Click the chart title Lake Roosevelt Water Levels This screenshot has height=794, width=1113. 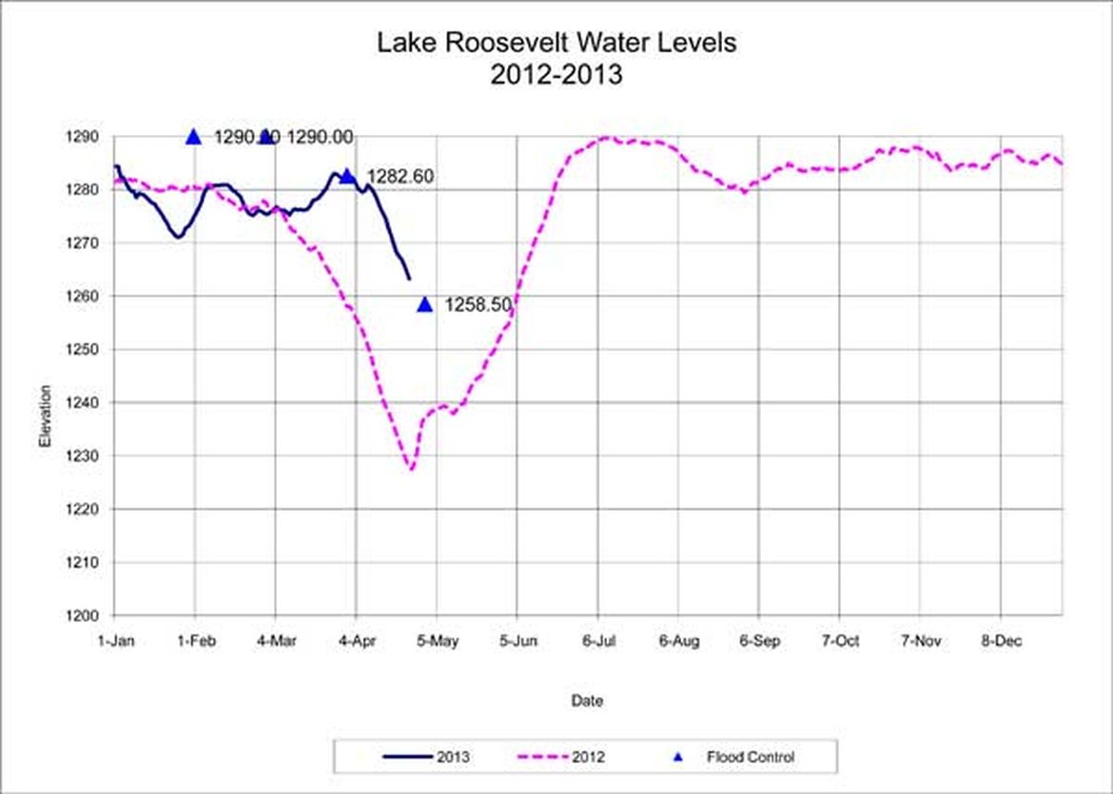click(x=556, y=43)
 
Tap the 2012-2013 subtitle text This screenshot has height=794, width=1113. click(x=556, y=74)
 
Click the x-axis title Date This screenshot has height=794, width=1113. click(x=586, y=702)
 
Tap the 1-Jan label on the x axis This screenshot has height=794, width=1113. click(x=116, y=642)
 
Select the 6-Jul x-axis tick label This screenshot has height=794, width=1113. click(x=598, y=642)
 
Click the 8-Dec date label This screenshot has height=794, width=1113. click(x=1001, y=642)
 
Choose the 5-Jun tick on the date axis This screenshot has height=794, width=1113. click(x=517, y=642)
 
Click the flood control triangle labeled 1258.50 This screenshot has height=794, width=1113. click(x=425, y=304)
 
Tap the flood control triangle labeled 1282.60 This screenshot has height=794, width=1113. click(x=348, y=176)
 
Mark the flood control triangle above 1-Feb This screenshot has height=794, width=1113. click(x=194, y=137)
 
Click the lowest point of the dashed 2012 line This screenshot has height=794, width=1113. click(x=411, y=469)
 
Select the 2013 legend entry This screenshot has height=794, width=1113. click(x=427, y=758)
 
